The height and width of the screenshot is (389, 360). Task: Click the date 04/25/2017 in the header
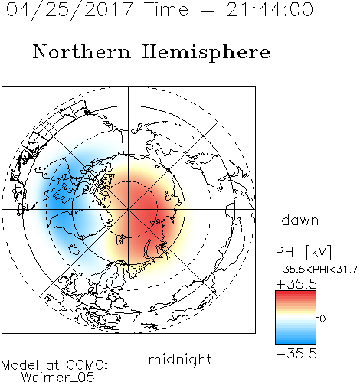tap(70, 10)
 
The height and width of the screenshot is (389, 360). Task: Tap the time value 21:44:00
tap(270, 10)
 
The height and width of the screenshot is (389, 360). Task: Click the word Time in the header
tap(166, 10)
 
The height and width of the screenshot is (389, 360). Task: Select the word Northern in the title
tap(82, 52)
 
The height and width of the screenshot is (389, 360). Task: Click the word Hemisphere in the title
tap(206, 53)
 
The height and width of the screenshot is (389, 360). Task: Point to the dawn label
tap(300, 220)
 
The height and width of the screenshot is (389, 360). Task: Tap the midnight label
tap(180, 359)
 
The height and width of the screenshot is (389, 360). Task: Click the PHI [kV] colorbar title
tap(303, 252)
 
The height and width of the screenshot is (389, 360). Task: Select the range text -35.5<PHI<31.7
tap(316, 270)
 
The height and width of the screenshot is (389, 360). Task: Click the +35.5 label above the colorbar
tap(296, 284)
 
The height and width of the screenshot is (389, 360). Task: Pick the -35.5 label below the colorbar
tap(296, 354)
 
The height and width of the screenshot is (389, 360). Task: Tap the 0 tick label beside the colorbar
tap(322, 319)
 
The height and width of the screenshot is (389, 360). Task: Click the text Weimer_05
tap(58, 378)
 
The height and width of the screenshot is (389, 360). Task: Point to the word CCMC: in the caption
tap(87, 365)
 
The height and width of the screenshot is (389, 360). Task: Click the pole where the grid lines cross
tap(129, 210)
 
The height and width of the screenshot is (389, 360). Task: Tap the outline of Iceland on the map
tap(74, 249)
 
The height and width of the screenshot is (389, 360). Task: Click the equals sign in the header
tap(208, 11)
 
